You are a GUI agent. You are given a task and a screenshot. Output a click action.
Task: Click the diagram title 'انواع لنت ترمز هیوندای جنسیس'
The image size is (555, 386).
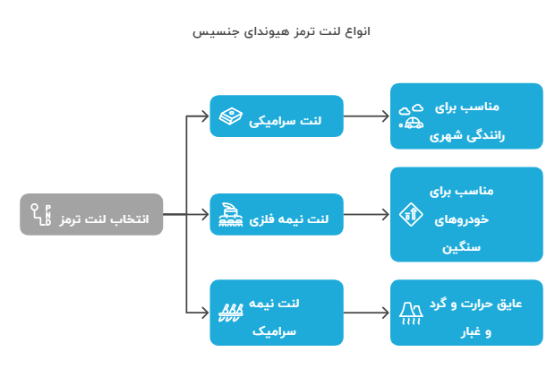281,31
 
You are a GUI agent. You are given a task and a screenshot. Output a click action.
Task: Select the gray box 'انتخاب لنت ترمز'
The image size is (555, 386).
91,214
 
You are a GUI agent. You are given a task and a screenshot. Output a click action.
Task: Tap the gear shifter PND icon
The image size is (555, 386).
41,214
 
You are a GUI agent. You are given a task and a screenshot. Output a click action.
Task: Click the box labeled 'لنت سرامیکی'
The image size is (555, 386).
277,116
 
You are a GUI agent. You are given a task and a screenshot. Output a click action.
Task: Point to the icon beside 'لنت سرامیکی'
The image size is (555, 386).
231,116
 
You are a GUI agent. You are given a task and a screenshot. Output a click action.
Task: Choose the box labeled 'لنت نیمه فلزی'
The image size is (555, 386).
277,214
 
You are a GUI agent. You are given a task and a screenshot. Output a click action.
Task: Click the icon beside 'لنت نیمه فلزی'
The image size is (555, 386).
231,215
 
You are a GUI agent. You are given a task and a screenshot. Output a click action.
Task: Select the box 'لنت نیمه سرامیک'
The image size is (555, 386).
277,313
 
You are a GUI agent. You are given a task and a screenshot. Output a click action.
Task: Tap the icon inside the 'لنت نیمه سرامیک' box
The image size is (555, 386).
231,313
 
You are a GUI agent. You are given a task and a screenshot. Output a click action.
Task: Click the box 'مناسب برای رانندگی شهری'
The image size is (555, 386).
466,116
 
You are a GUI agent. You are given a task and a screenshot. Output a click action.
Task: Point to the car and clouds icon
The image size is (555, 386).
411,116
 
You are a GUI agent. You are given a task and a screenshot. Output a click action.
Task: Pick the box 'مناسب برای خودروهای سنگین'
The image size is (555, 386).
466,214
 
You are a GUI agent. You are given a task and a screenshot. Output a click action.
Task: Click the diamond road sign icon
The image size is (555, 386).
411,214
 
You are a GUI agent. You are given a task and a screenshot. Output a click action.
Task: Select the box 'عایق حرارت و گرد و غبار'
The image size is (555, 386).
466,313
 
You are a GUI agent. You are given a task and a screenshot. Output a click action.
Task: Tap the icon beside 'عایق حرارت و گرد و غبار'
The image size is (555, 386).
411,313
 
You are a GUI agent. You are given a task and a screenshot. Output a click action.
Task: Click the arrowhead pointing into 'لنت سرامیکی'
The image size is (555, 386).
205,116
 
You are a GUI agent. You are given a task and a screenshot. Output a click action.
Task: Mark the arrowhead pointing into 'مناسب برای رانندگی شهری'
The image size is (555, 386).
386,116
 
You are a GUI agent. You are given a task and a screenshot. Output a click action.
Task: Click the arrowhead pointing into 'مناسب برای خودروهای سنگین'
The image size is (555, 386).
386,214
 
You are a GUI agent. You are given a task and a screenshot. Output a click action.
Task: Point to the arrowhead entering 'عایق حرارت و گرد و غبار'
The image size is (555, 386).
386,313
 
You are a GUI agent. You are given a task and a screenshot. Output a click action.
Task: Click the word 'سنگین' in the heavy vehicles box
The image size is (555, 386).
461,247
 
